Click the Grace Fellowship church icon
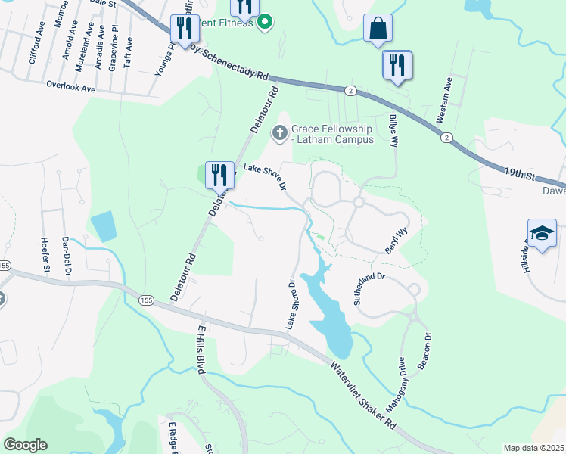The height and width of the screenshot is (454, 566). tap(280, 134)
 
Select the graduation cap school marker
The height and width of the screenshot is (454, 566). tap(543, 233)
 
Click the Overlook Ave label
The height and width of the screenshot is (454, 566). tap(70, 88)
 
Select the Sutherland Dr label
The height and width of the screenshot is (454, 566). tap(369, 288)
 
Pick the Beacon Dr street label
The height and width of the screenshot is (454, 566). tap(426, 348)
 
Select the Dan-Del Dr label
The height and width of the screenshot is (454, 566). tap(66, 250)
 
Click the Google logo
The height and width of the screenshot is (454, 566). tap(25, 445)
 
